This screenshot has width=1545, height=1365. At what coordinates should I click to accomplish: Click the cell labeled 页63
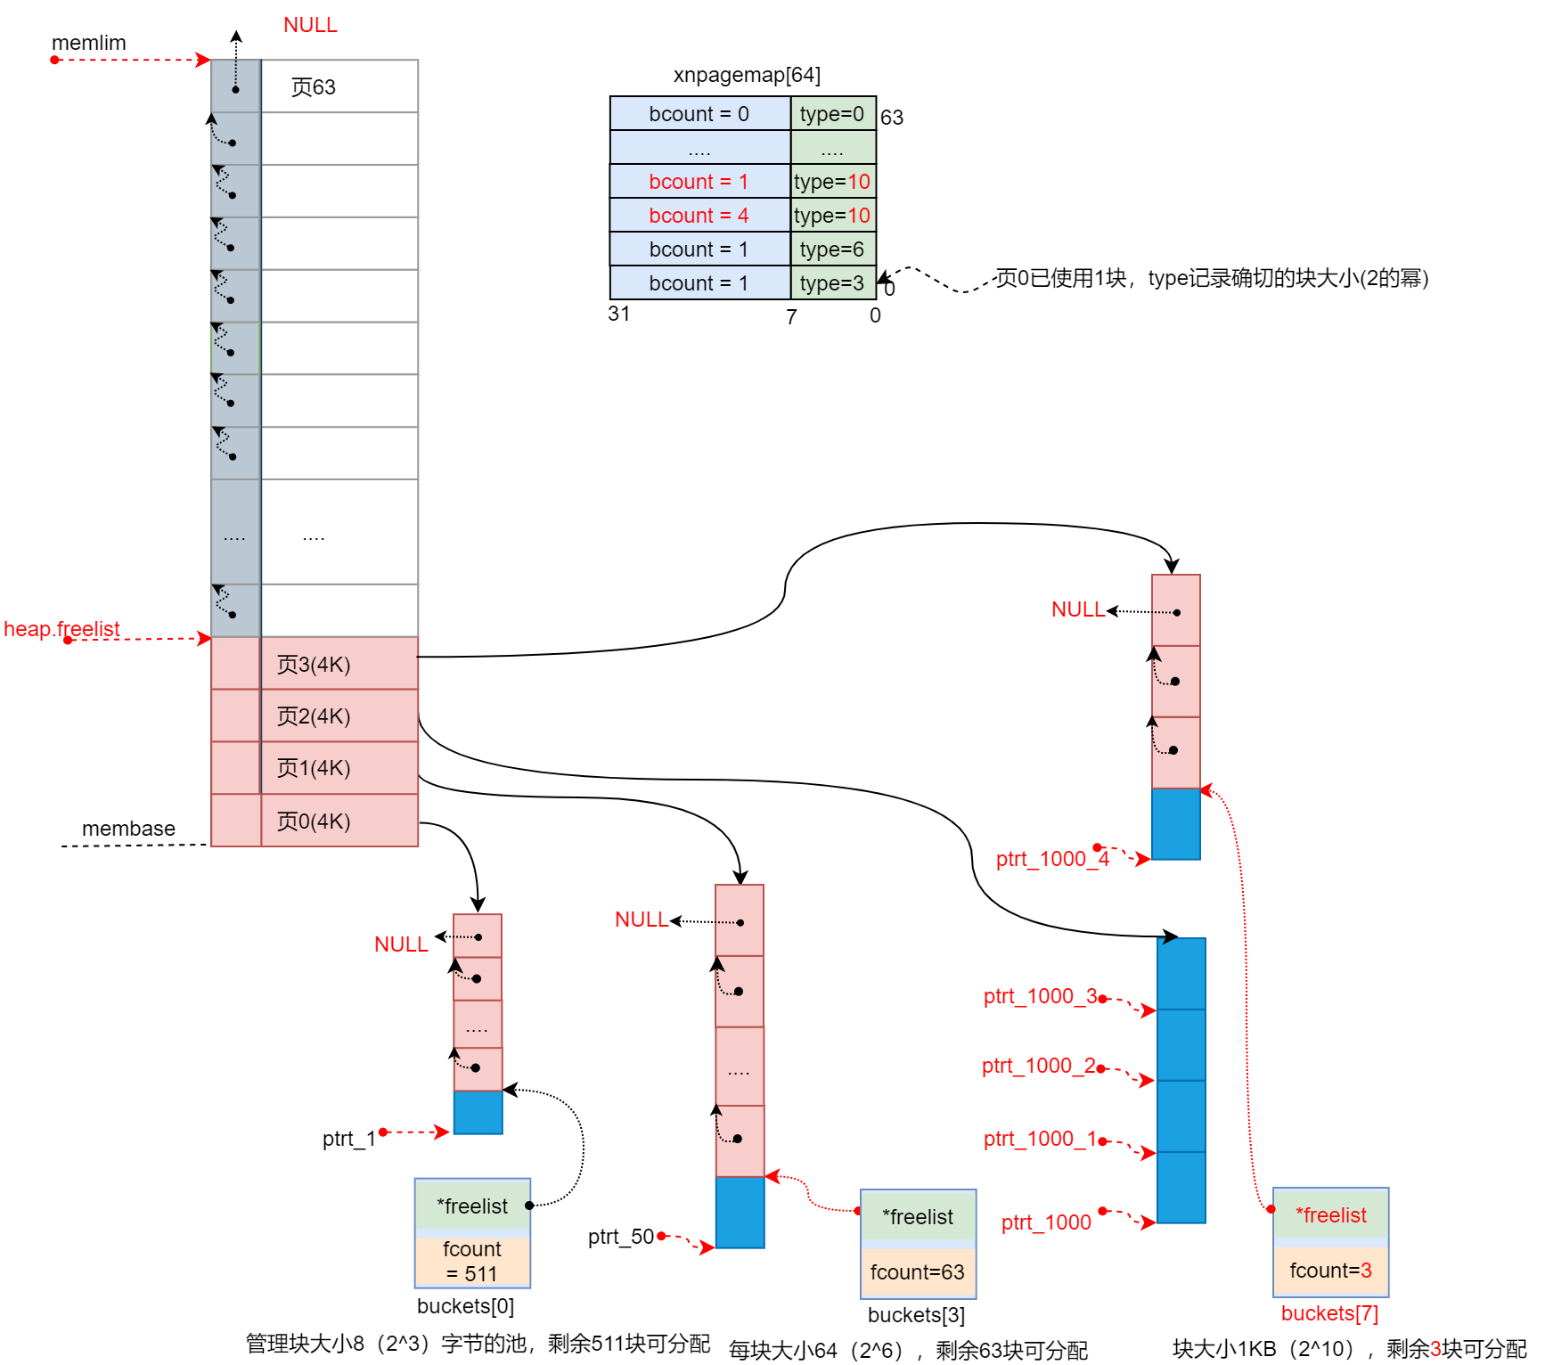point(339,86)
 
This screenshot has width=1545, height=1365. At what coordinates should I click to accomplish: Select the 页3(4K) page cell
point(339,664)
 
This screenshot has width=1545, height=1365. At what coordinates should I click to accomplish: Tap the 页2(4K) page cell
point(339,715)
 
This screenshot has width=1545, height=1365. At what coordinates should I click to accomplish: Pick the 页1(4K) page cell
point(339,768)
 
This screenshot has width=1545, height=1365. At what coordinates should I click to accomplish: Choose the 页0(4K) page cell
point(339,821)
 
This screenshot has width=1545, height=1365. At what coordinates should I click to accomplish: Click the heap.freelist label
point(61,629)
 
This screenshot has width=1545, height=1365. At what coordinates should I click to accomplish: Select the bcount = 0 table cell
point(699,114)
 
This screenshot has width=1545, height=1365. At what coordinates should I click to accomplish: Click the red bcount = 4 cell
point(699,216)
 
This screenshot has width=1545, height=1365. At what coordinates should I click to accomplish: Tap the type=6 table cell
point(832,249)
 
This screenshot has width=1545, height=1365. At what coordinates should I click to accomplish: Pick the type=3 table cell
point(832,283)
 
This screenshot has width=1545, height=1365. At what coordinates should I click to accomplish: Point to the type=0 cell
point(832,114)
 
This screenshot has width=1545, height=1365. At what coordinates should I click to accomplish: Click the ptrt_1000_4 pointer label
point(1052,859)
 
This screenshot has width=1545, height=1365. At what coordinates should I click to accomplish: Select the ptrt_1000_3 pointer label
point(1040,996)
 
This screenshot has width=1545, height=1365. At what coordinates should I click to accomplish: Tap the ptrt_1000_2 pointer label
point(1039,1066)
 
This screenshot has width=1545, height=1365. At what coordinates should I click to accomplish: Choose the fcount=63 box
point(918,1272)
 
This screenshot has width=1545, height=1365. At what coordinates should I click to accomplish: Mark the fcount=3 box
point(1330,1271)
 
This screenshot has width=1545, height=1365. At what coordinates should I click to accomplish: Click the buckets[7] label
point(1329,1313)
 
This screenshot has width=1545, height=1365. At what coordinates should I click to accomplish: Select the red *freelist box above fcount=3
point(1330,1215)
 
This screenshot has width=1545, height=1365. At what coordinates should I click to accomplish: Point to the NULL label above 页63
point(310,25)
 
